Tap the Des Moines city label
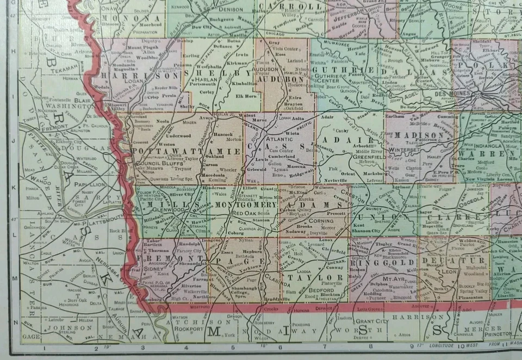[x=453, y=94]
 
